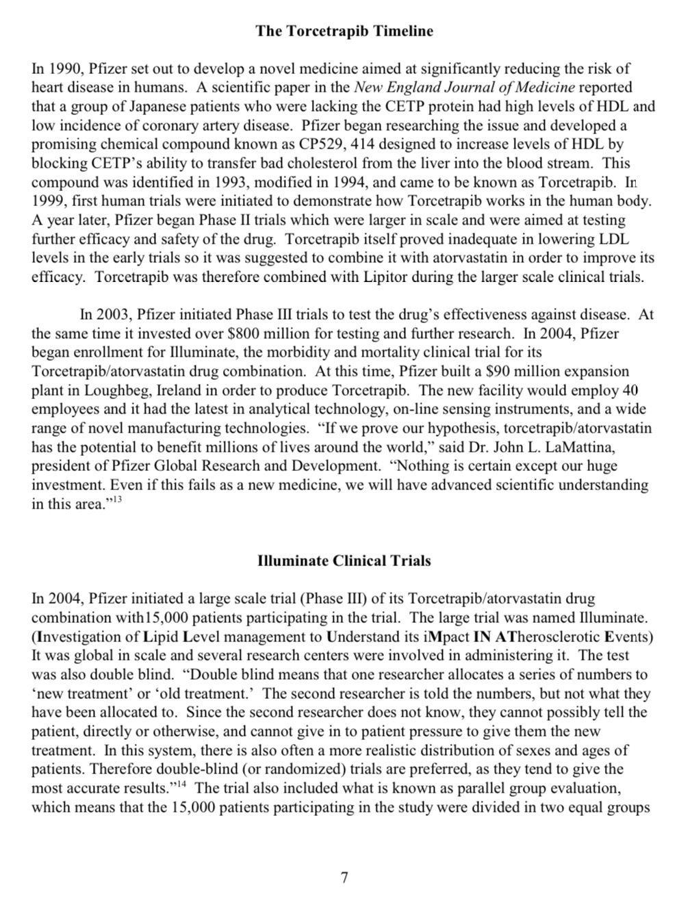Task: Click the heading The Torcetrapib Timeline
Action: click(344, 31)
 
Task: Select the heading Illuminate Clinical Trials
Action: click(344, 561)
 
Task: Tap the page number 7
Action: click(344, 877)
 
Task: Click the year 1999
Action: click(49, 201)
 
